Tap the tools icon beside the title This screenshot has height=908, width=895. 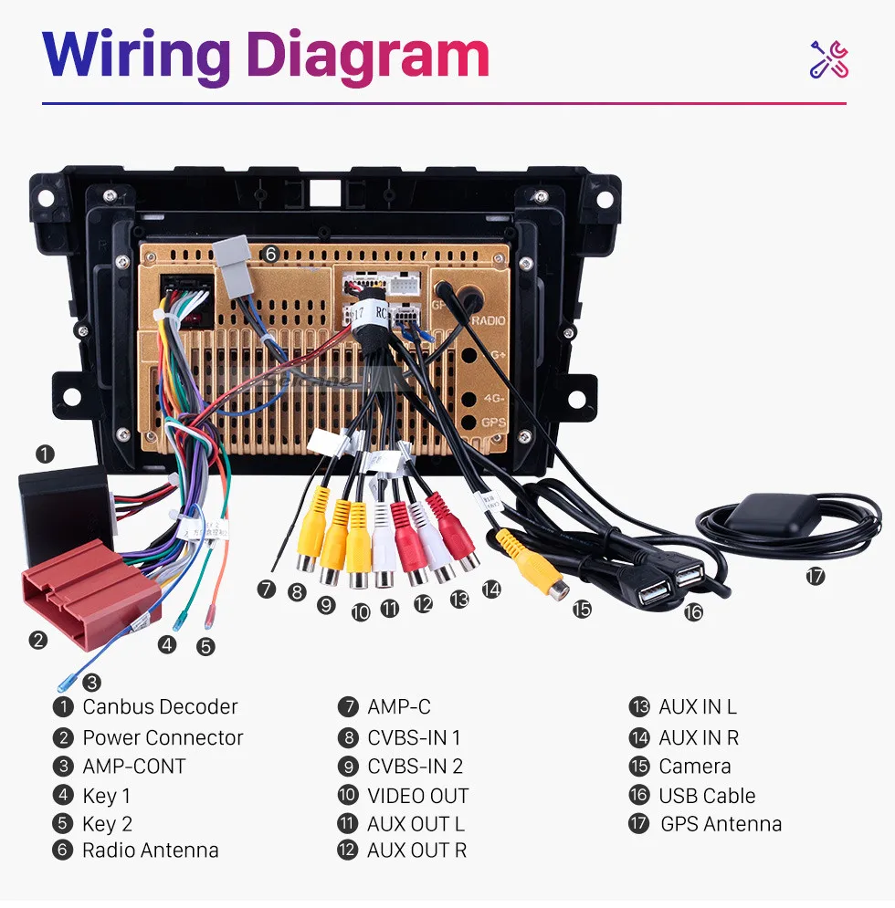pyautogui.click(x=829, y=59)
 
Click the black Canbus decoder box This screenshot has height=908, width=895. pyautogui.click(x=64, y=511)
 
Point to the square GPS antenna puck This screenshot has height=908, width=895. pyautogui.click(x=771, y=516)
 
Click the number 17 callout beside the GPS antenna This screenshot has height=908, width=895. pyautogui.click(x=815, y=577)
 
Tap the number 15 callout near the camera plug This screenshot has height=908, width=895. pyautogui.click(x=582, y=609)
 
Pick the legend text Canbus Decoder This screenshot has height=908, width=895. pyautogui.click(x=160, y=706)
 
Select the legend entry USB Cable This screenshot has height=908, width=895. pyautogui.click(x=707, y=796)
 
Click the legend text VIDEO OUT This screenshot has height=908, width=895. pyautogui.click(x=417, y=796)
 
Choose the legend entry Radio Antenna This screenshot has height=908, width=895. pyautogui.click(x=151, y=851)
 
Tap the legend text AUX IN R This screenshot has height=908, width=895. pyautogui.click(x=699, y=737)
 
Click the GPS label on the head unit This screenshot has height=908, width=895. pyautogui.click(x=493, y=423)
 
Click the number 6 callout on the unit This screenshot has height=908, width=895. pyautogui.click(x=270, y=254)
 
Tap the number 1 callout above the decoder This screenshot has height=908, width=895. pyautogui.click(x=45, y=453)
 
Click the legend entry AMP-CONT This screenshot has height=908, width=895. pyautogui.click(x=134, y=767)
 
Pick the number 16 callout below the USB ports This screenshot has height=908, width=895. pyautogui.click(x=693, y=612)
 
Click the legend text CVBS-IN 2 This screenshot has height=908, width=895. pyautogui.click(x=415, y=767)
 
